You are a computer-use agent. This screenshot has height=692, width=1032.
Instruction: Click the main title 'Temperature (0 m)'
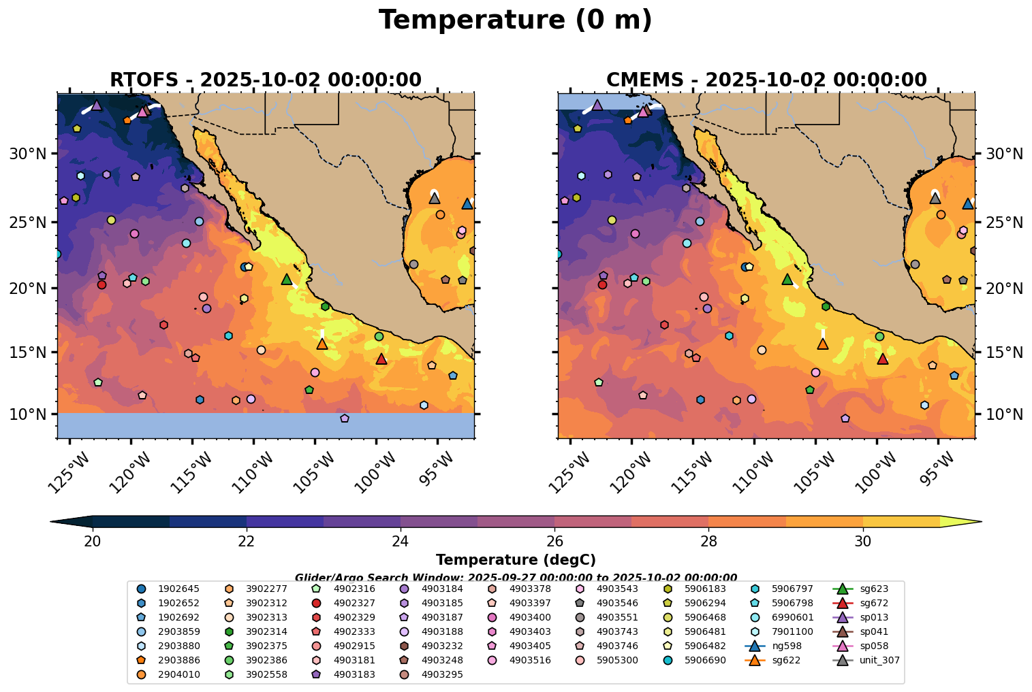(x=516, y=20)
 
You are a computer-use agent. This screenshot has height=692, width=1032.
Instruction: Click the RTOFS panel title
(x=266, y=80)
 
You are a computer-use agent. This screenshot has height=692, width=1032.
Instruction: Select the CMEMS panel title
(x=766, y=80)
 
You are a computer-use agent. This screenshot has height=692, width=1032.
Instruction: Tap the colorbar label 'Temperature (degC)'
(x=516, y=560)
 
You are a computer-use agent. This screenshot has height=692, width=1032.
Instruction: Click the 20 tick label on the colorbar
(x=93, y=542)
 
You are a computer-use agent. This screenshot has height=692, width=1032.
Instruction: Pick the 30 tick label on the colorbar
(x=863, y=542)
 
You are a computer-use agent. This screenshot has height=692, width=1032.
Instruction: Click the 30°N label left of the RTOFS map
(x=27, y=154)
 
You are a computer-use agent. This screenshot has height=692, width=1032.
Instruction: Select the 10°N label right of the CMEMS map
(x=1004, y=414)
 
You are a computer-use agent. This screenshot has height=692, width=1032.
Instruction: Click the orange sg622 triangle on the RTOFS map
(x=322, y=344)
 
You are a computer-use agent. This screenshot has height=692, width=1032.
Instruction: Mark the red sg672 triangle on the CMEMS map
(x=883, y=359)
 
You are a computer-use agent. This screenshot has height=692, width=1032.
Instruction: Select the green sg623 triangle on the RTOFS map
(x=287, y=279)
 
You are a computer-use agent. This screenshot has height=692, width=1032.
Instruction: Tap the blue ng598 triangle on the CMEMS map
(x=968, y=203)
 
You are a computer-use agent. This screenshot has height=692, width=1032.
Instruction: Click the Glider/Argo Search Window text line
(x=516, y=577)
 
